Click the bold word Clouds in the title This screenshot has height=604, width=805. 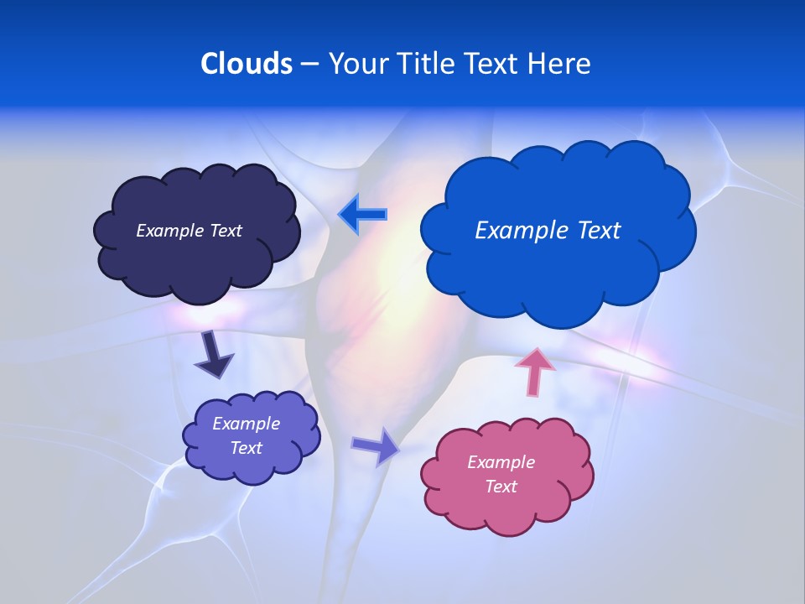tap(246, 64)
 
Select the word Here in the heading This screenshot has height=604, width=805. tap(559, 64)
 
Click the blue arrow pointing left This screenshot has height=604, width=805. tap(362, 214)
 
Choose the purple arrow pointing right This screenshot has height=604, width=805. tap(376, 445)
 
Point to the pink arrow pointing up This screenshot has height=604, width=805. tap(535, 371)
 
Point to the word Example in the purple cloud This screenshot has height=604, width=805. tap(246, 424)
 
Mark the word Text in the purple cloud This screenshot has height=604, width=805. tap(246, 448)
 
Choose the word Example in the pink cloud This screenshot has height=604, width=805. tap(501, 462)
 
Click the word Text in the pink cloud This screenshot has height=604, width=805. tap(501, 487)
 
